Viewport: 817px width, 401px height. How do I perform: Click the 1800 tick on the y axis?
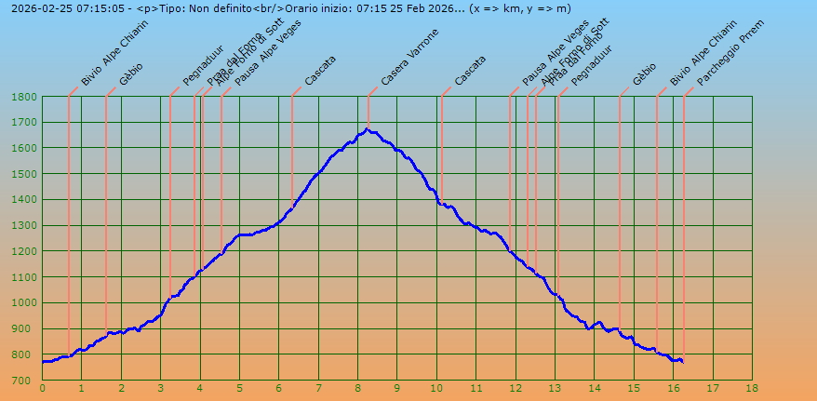pos(25,97)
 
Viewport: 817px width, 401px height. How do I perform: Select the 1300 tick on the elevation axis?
pos(25,226)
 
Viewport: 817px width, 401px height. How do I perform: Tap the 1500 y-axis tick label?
pos(25,174)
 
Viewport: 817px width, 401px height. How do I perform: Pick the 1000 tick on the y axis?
pos(25,303)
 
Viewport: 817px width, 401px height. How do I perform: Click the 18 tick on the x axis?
pos(752,388)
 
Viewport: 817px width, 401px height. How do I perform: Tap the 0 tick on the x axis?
pos(42,388)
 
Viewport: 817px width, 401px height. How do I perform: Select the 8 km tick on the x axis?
pos(357,388)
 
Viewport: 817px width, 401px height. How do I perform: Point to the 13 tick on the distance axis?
pos(555,388)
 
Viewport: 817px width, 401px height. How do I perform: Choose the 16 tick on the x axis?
pos(673,388)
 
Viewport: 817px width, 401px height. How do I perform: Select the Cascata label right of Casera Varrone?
pos(469,71)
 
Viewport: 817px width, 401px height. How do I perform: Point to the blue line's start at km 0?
pos(43,361)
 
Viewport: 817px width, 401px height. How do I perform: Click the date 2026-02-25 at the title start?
pos(36,8)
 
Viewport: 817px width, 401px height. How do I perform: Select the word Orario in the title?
pos(309,8)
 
